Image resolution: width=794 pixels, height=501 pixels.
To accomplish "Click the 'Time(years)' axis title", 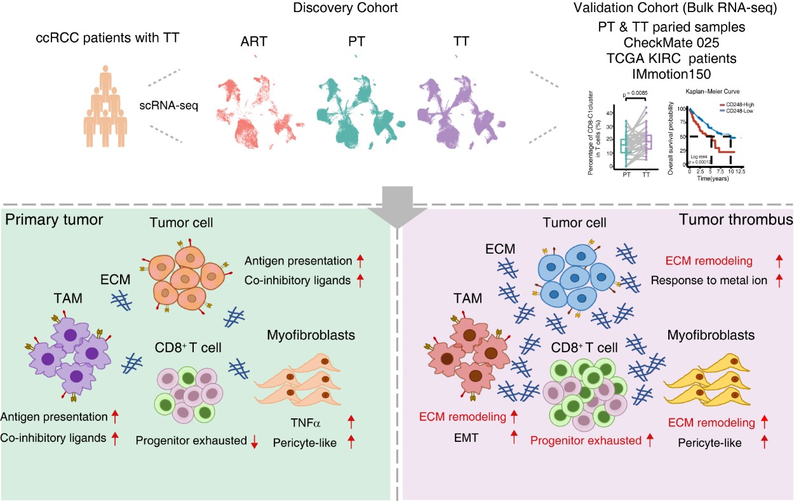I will click(x=711, y=179).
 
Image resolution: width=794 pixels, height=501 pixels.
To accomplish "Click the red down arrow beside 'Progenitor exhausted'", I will click(x=254, y=444).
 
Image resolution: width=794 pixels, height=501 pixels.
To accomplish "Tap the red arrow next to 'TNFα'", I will click(x=352, y=422).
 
